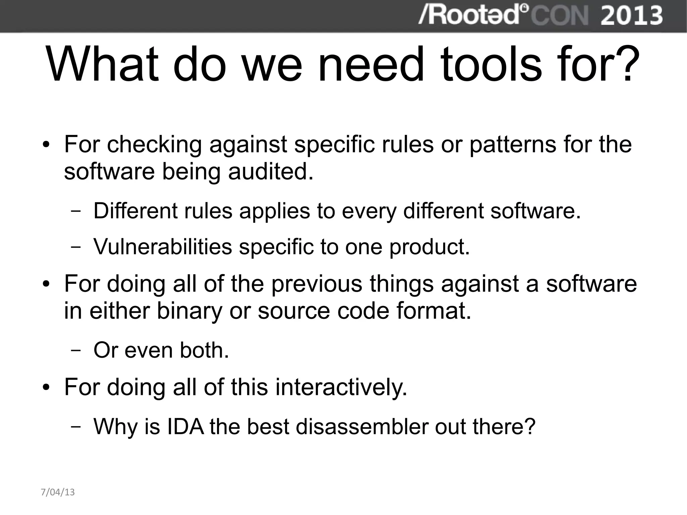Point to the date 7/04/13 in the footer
point(58,492)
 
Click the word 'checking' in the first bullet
point(155,145)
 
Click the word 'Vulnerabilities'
point(163,247)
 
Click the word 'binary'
point(190,311)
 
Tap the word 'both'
point(204,350)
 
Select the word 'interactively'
point(341,387)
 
